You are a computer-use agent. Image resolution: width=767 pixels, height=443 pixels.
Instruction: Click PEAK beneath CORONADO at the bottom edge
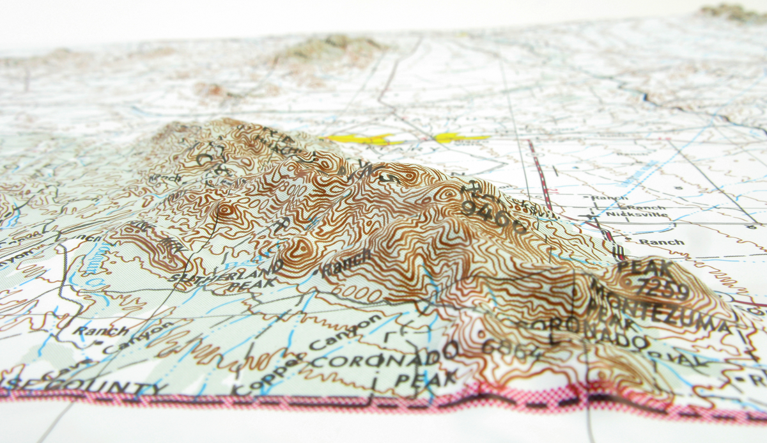click(425, 378)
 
